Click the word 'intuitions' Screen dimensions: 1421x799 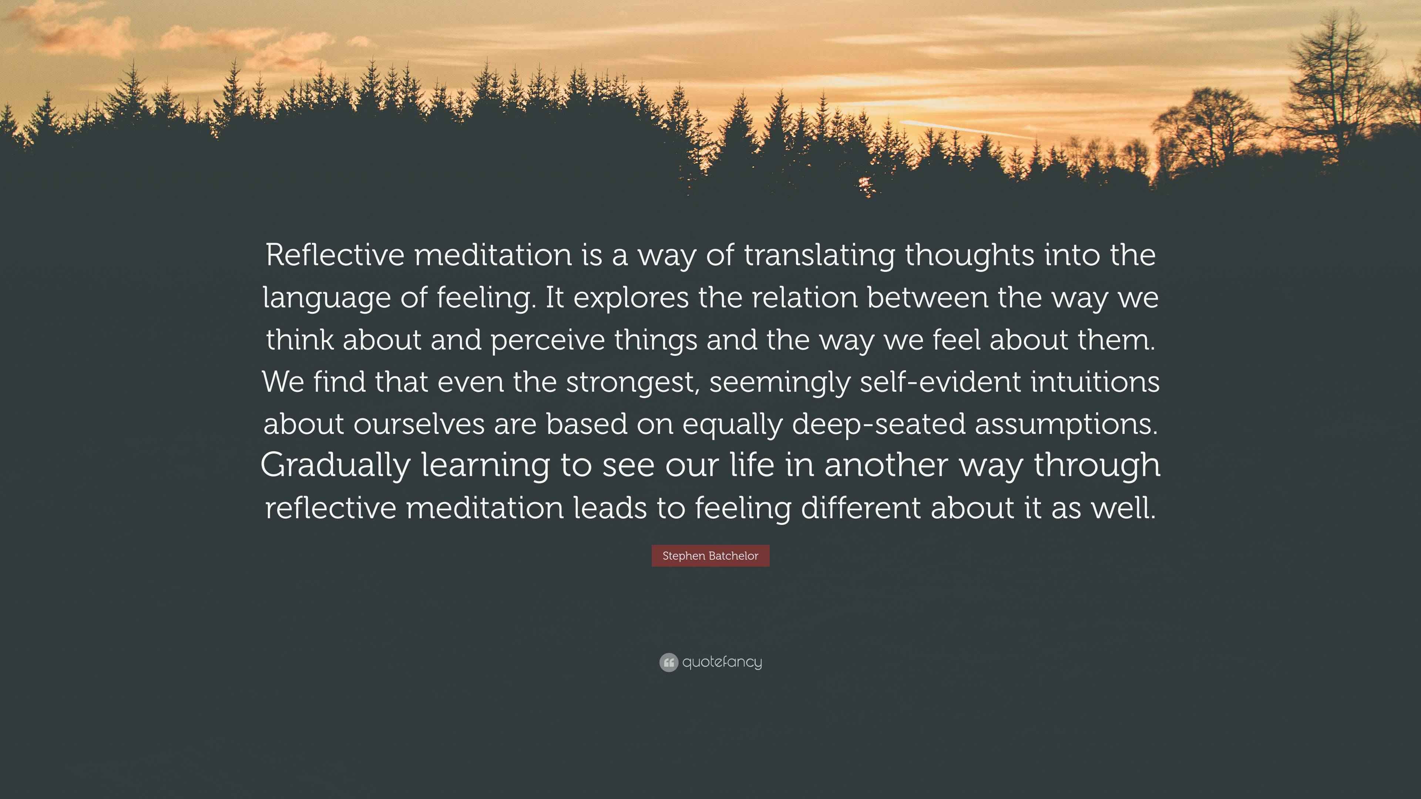point(1095,382)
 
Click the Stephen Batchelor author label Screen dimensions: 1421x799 point(710,556)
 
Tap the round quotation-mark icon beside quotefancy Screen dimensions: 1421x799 point(669,662)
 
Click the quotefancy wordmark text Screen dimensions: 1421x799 point(722,662)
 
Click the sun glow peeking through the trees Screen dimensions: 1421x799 point(865,185)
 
